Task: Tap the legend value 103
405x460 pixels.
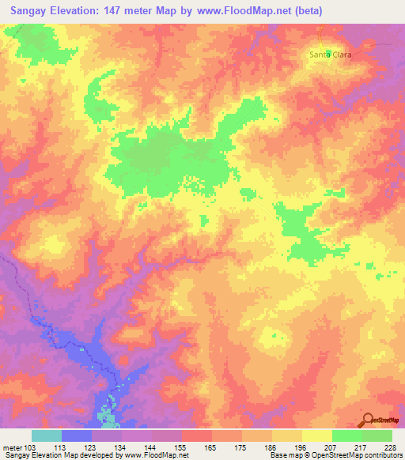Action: (x=29, y=447)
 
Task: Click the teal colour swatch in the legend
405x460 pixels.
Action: (x=46, y=435)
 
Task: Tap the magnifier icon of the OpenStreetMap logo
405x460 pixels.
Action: (x=368, y=420)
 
